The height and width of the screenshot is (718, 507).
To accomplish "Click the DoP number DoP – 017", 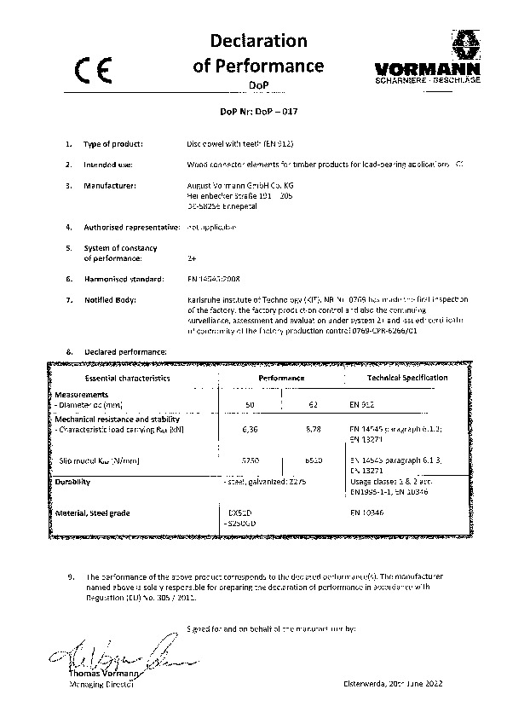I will pyautogui.click(x=253, y=111).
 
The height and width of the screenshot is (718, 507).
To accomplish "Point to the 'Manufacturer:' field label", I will pyautogui.click(x=110, y=184).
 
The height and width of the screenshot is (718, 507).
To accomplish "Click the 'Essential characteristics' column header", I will pyautogui.click(x=127, y=377).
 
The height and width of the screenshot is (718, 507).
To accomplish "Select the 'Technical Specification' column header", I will pyautogui.click(x=407, y=377).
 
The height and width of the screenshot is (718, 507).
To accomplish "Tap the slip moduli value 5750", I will pyautogui.click(x=251, y=460).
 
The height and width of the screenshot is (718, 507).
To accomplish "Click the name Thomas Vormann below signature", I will pyautogui.click(x=99, y=675).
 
